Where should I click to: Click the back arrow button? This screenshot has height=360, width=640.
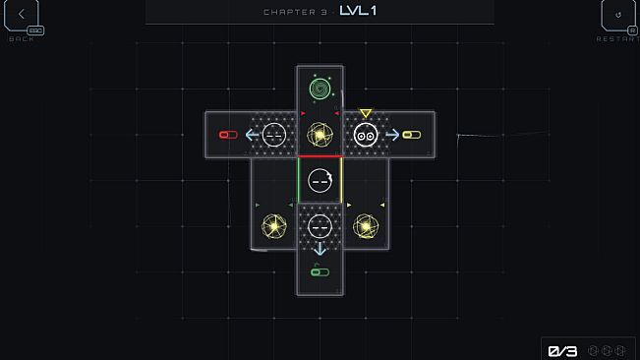pyautogui.click(x=22, y=15)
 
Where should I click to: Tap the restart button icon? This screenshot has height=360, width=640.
pyautogui.click(x=618, y=15)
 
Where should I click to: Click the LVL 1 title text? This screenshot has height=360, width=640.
pyautogui.click(x=358, y=11)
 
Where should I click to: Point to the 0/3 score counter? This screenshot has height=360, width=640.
pyautogui.click(x=562, y=351)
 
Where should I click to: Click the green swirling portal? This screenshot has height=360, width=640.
pyautogui.click(x=320, y=89)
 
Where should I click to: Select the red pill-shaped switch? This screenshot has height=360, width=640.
pyautogui.click(x=228, y=135)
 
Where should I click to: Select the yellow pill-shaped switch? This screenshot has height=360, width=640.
pyautogui.click(x=411, y=135)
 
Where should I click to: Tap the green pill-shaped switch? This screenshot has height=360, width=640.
pyautogui.click(x=320, y=271)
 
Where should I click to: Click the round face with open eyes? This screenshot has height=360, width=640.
pyautogui.click(x=366, y=135)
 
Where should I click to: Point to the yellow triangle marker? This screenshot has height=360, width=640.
pyautogui.click(x=366, y=113)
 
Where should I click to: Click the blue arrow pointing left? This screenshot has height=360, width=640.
pyautogui.click(x=252, y=135)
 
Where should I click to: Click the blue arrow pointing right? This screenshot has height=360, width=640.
pyautogui.click(x=392, y=135)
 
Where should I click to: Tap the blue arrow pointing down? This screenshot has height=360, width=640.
pyautogui.click(x=320, y=249)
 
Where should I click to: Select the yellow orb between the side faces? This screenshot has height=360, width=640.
pyautogui.click(x=320, y=135)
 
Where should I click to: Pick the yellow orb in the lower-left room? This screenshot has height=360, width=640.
pyautogui.click(x=274, y=226)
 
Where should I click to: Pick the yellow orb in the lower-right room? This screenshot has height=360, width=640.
pyautogui.click(x=366, y=226)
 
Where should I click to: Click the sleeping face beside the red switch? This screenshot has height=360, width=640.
pyautogui.click(x=274, y=135)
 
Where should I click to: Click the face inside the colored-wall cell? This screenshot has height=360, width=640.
pyautogui.click(x=320, y=180)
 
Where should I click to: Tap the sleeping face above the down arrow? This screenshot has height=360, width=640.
pyautogui.click(x=320, y=226)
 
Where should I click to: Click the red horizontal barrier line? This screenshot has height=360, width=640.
pyautogui.click(x=320, y=156)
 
